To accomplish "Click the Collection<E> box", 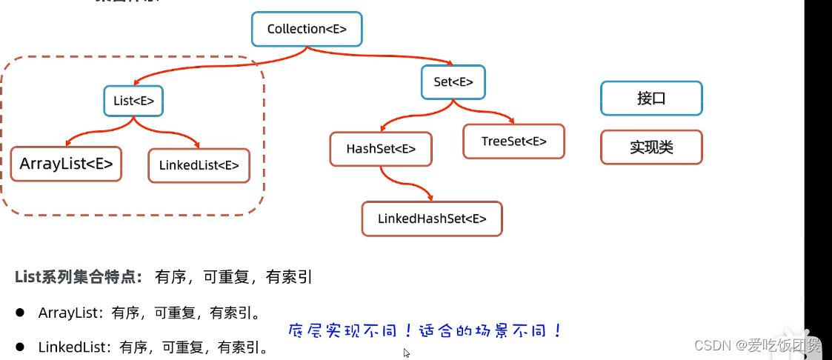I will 306,30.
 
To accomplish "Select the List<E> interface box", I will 133,101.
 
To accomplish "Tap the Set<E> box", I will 453,82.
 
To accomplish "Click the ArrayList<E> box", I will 66,164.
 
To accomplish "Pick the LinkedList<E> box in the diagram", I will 199,166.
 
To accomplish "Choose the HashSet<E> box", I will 381,149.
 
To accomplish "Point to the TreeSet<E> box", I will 513,141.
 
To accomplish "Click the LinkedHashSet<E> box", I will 432,219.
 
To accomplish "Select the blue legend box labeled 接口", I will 651,99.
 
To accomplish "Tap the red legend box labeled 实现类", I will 651,147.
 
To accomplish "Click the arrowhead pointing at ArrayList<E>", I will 69,142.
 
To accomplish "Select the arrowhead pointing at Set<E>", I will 450,62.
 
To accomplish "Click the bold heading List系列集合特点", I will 79,278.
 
